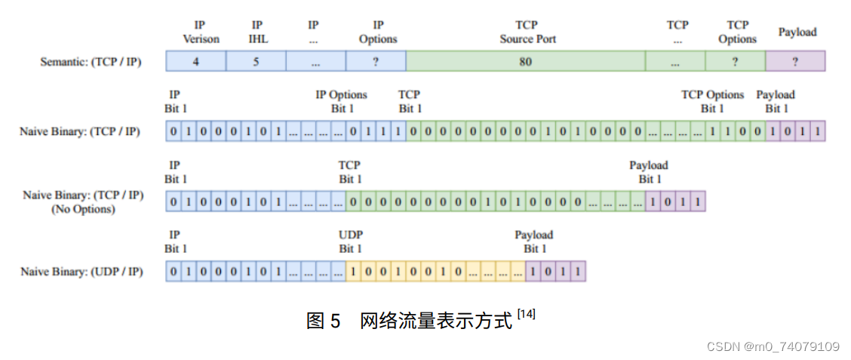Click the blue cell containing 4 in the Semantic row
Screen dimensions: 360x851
195,62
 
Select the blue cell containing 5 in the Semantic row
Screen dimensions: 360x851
256,62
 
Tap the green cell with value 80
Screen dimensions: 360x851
525,62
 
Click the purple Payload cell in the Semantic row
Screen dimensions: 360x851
795,62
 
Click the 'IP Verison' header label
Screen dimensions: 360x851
200,32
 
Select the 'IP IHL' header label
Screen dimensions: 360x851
257,32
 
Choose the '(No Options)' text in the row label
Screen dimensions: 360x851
83,209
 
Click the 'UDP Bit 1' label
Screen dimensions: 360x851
350,242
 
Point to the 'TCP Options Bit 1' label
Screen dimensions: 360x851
712,101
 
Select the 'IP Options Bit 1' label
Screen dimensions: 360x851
341,101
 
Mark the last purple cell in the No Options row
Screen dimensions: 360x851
698,202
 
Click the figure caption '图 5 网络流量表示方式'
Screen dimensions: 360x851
408,320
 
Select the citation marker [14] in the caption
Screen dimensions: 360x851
526,315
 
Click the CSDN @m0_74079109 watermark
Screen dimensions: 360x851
773,346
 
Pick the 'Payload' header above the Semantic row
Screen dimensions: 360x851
797,32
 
